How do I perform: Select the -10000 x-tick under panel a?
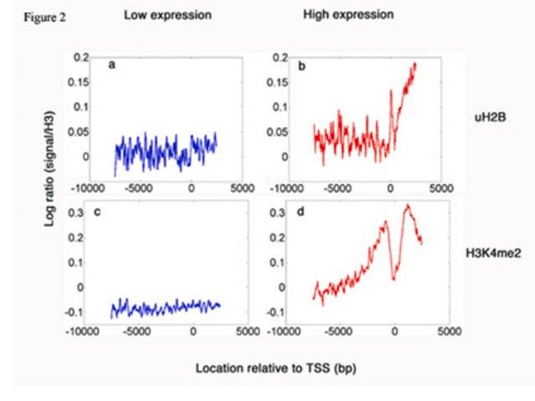pos(86,186)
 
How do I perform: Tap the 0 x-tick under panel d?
pos(396,332)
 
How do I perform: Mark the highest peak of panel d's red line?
pos(408,204)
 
